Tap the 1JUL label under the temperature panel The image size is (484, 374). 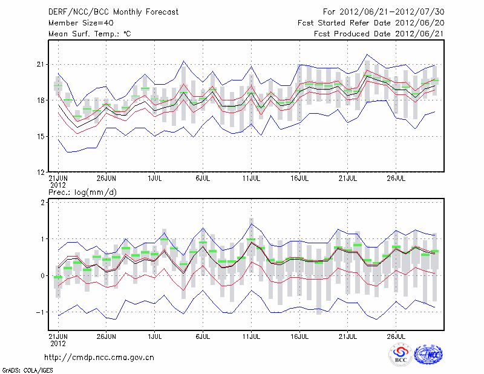pyautogui.click(x=155, y=179)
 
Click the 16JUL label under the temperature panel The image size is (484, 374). pyautogui.click(x=300, y=179)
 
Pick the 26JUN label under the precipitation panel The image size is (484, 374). pyautogui.click(x=106, y=336)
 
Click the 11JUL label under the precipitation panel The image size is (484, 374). pyautogui.click(x=252, y=336)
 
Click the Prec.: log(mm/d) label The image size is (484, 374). pyautogui.click(x=82, y=192)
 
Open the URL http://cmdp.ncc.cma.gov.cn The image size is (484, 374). pyautogui.click(x=99, y=358)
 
